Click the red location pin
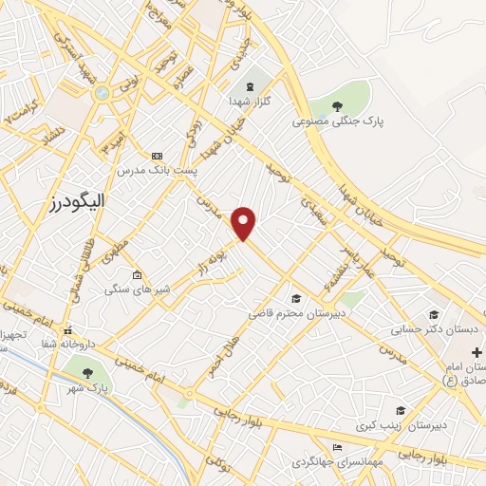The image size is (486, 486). pos(245,223)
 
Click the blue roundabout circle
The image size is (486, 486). pos(102,94)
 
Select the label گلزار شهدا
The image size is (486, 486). pos(252,99)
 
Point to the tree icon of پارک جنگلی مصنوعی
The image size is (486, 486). pos(338,104)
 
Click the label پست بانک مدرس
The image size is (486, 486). pos(156,172)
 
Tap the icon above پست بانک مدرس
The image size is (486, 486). pos(156,156)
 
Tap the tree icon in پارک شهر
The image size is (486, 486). pos(88,372)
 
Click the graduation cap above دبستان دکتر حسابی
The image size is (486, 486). pos(433,315)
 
